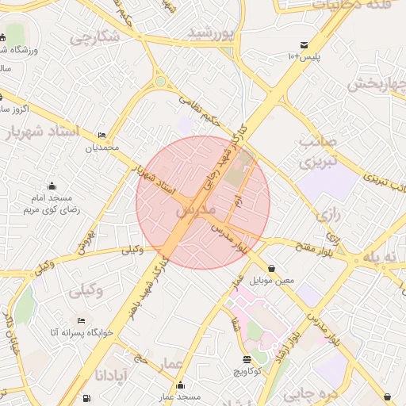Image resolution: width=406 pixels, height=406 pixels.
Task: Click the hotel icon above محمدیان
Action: [101, 136]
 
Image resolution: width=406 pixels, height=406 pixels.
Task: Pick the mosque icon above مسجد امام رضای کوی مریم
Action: [52, 186]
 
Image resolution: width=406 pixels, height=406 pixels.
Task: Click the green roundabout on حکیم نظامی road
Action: [161, 81]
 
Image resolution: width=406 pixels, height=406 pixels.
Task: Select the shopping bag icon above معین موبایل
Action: [272, 268]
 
